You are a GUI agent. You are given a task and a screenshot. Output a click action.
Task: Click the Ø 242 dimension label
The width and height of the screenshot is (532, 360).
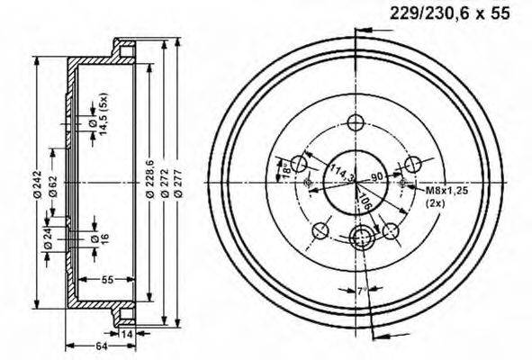pyautogui.click(x=38, y=183)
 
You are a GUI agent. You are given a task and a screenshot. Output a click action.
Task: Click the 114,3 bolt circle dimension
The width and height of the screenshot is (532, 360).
pyautogui.click(x=339, y=171)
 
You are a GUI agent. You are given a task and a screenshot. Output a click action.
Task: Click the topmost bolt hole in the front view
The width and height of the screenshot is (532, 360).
pyautogui.click(x=354, y=123)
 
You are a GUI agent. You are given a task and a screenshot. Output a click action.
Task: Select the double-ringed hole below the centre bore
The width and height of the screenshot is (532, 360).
pyautogui.click(x=362, y=238)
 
